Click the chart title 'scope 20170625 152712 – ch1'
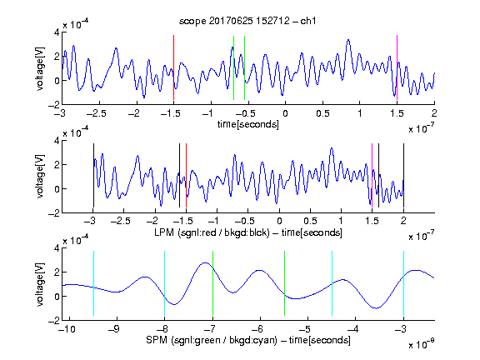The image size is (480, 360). pyautogui.click(x=247, y=21)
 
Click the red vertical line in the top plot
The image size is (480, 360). pyautogui.click(x=173, y=67)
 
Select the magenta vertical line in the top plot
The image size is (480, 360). pyautogui.click(x=397, y=67)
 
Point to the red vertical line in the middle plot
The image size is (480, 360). pyautogui.click(x=186, y=175)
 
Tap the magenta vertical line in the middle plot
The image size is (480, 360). pyautogui.click(x=372, y=175)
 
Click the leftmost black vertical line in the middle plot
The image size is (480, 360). pyautogui.click(x=93, y=175)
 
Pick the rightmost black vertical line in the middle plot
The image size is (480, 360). pyautogui.click(x=403, y=175)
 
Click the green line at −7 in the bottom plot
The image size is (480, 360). pyautogui.click(x=212, y=283)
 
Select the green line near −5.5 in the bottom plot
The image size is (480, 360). pyautogui.click(x=284, y=283)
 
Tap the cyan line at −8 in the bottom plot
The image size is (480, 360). pyautogui.click(x=165, y=283)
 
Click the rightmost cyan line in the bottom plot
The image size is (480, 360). pyautogui.click(x=403, y=283)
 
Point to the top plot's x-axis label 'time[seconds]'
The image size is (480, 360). pyautogui.click(x=248, y=124)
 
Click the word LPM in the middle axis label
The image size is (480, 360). pyautogui.click(x=164, y=232)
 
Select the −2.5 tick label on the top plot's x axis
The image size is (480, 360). pyautogui.click(x=96, y=113)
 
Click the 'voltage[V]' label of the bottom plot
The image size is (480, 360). pyautogui.click(x=40, y=284)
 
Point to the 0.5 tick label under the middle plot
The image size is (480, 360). pyautogui.click(x=310, y=221)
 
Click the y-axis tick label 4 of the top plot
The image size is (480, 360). pyautogui.click(x=57, y=32)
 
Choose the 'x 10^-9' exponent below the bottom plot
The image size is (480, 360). pyautogui.click(x=421, y=344)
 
